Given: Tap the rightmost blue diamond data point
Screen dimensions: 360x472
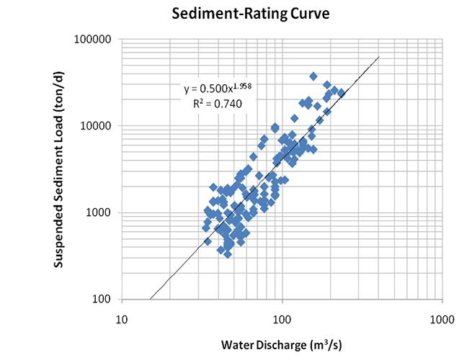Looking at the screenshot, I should coord(342,93).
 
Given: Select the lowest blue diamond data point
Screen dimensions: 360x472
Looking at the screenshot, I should coord(228,253).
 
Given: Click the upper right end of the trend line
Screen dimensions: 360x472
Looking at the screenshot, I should coord(379,58).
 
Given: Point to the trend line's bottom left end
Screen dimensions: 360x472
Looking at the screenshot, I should coord(150,299).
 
